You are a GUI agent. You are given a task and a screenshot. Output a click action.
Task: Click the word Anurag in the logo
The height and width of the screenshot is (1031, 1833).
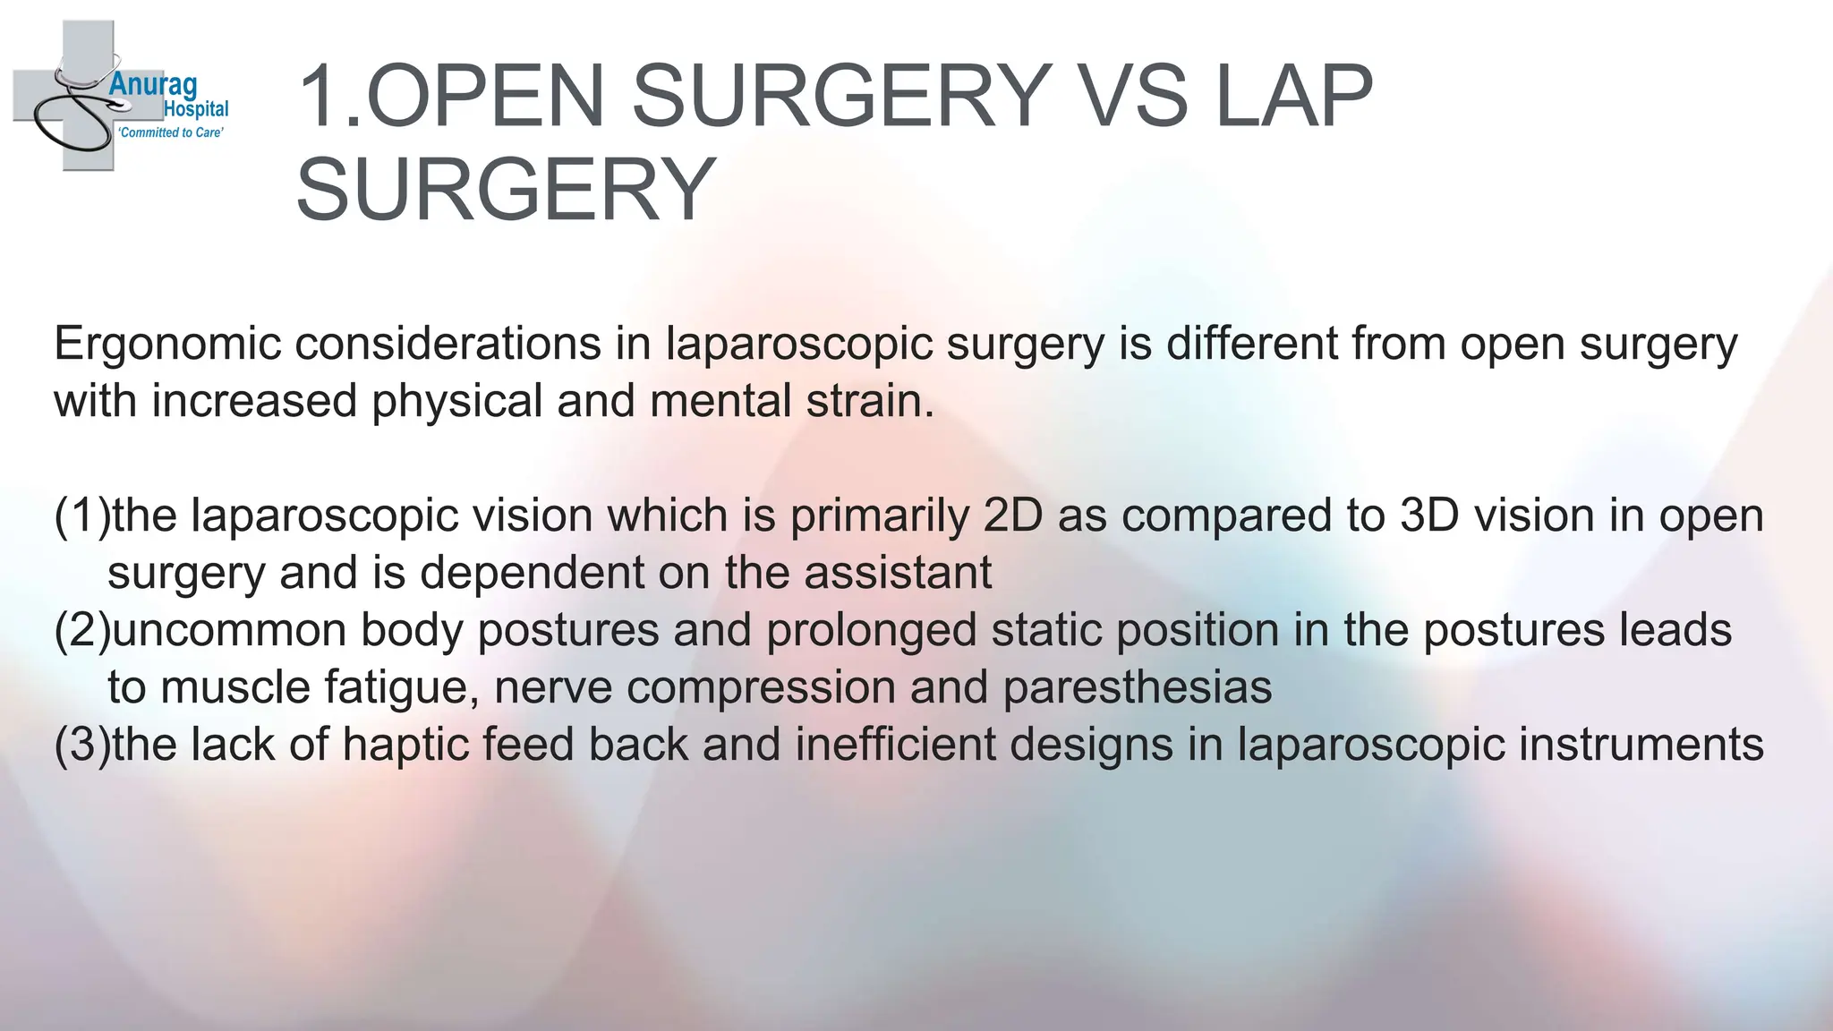pos(152,86)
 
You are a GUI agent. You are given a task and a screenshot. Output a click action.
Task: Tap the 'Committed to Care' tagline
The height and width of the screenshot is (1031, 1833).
pos(171,132)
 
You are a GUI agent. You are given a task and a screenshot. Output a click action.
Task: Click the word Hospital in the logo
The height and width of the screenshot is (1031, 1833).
pos(196,109)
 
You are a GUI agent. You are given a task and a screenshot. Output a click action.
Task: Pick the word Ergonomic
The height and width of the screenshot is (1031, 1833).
pos(167,345)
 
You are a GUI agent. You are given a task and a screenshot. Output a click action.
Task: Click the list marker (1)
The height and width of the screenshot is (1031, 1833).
pos(81,516)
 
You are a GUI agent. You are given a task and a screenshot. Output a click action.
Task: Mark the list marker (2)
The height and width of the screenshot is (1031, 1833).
pos(81,631)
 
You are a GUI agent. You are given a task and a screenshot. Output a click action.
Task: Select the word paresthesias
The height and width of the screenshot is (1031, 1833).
pos(1137,688)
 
